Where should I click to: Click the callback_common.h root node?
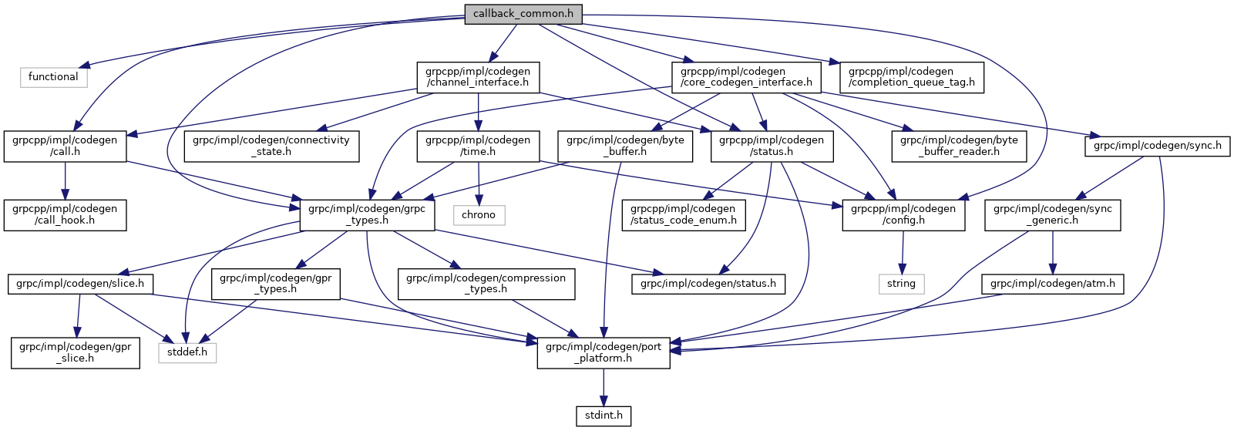coord(523,14)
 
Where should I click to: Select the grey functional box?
coord(53,77)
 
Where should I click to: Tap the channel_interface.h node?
coord(478,77)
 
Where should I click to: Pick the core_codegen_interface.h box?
coord(746,77)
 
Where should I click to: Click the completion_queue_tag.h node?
coord(911,77)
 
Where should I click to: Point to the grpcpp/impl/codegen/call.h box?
coord(65,146)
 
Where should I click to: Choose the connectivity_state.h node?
coord(271,146)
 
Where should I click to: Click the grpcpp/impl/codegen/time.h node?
coord(478,146)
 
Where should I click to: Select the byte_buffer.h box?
coord(625,146)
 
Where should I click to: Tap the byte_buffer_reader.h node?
coord(959,146)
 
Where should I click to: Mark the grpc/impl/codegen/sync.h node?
coord(1157,146)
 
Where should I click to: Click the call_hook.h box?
coord(65,214)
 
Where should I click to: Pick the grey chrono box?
coord(479,215)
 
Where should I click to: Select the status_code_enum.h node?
coord(684,214)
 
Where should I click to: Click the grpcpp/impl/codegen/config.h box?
coord(903,214)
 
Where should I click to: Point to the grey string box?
coord(901,284)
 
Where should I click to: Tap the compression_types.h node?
coord(486,284)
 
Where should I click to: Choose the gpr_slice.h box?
coord(76,352)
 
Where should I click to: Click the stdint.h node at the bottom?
coord(604,416)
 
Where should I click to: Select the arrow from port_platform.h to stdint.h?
coord(604,387)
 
